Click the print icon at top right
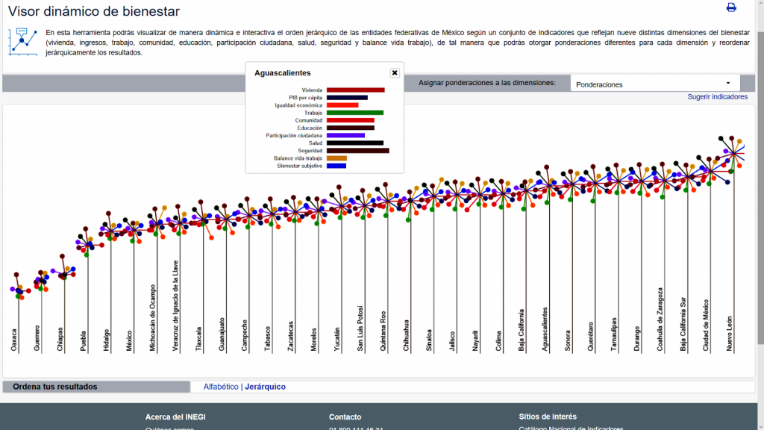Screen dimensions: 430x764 731,7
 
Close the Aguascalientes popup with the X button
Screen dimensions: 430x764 395,72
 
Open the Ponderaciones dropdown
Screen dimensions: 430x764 654,84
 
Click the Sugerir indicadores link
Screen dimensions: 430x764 717,97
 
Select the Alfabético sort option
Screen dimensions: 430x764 221,387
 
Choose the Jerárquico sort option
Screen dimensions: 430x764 265,387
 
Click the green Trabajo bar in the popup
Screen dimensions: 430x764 354,113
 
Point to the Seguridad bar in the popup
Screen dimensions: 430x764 357,151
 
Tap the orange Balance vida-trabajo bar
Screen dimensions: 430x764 336,158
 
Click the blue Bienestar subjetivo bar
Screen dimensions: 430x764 336,166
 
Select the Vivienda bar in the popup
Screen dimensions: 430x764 355,90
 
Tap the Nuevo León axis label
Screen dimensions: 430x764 730,334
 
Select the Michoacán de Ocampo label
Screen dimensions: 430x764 153,317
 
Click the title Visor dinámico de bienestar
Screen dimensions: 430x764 93,11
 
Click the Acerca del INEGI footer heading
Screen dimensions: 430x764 175,417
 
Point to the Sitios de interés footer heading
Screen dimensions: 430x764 548,417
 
